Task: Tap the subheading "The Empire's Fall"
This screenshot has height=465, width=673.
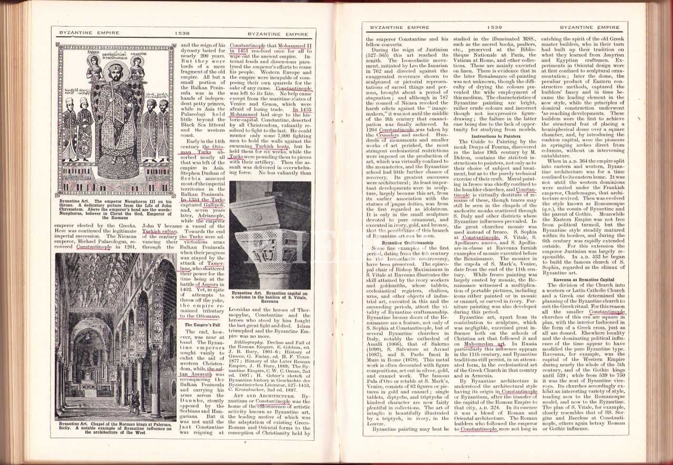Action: (202, 325)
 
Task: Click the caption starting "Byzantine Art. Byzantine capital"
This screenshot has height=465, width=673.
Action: (270, 296)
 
